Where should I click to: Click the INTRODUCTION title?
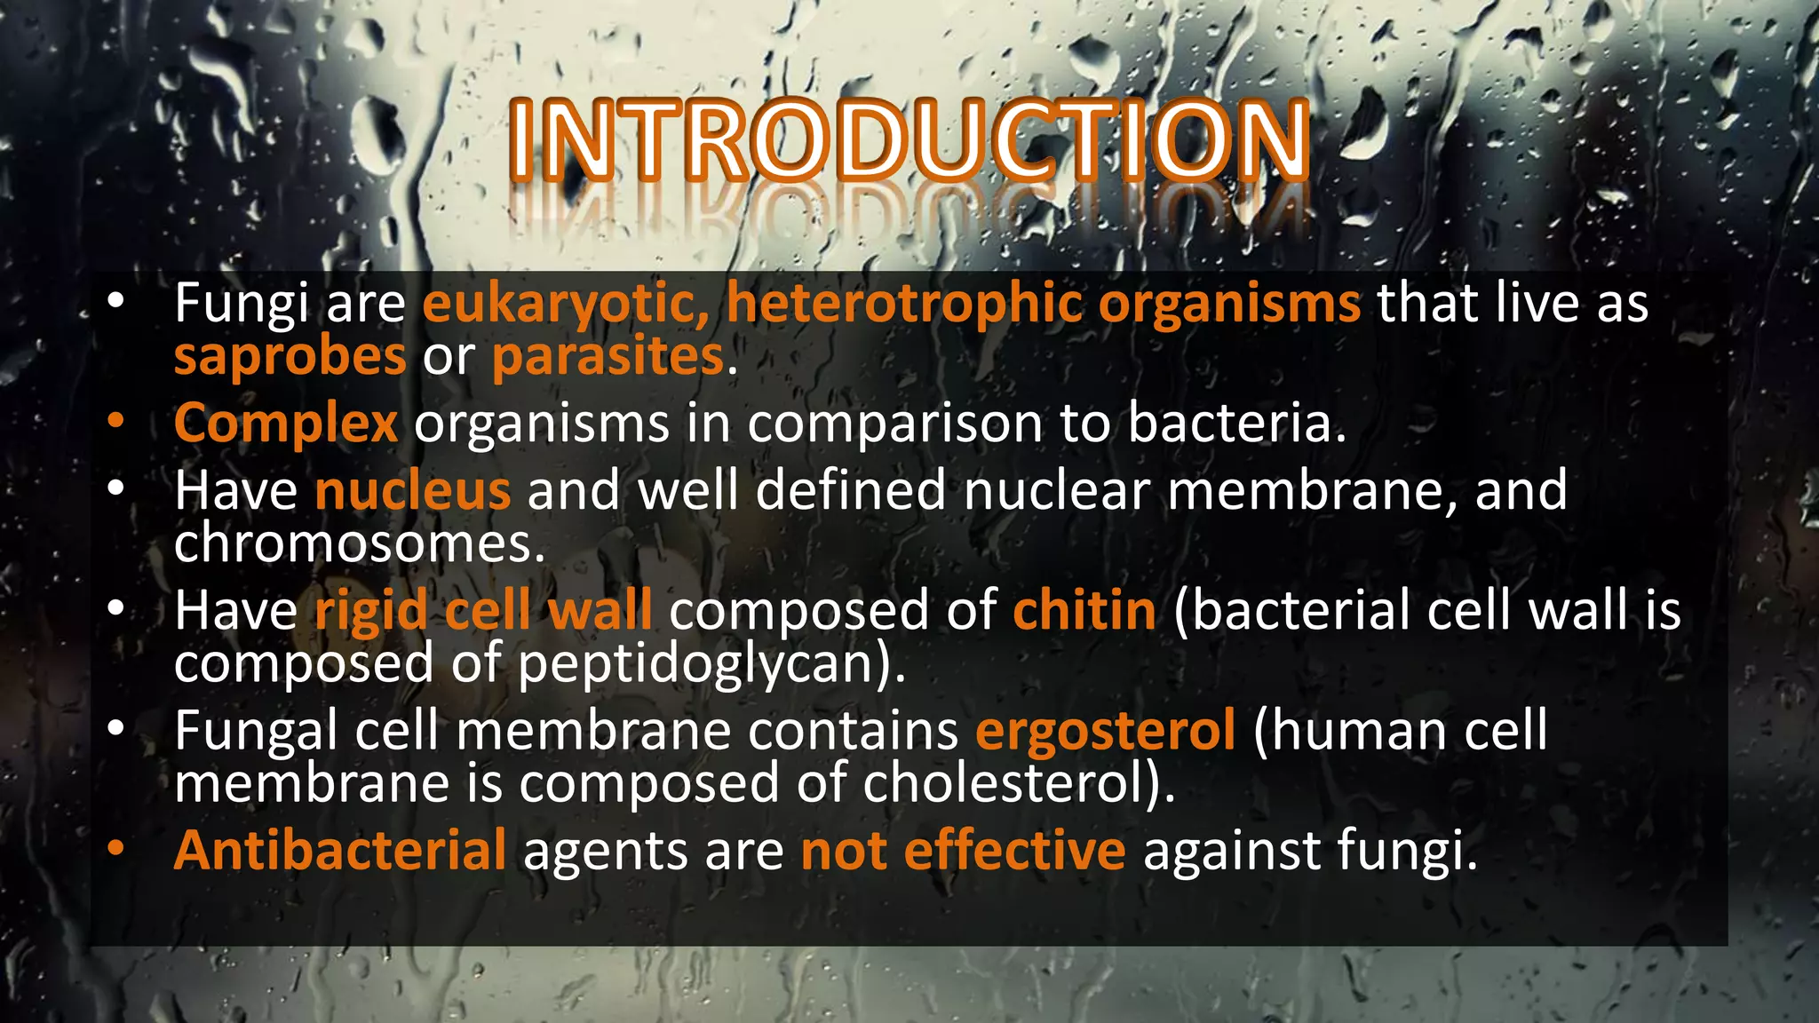909,140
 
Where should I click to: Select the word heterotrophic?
904,304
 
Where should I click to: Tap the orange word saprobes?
290,357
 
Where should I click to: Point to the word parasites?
608,357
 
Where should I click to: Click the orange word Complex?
285,424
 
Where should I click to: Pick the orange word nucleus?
413,490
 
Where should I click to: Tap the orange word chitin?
1084,611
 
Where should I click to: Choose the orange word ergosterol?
1105,731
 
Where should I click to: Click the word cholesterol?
1011,784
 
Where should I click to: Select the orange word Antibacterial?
340,851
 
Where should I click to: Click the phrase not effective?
963,851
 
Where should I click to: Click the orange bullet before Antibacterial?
115,849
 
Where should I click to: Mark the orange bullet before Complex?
115,422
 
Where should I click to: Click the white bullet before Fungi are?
115,302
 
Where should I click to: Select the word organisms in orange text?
1229,304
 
